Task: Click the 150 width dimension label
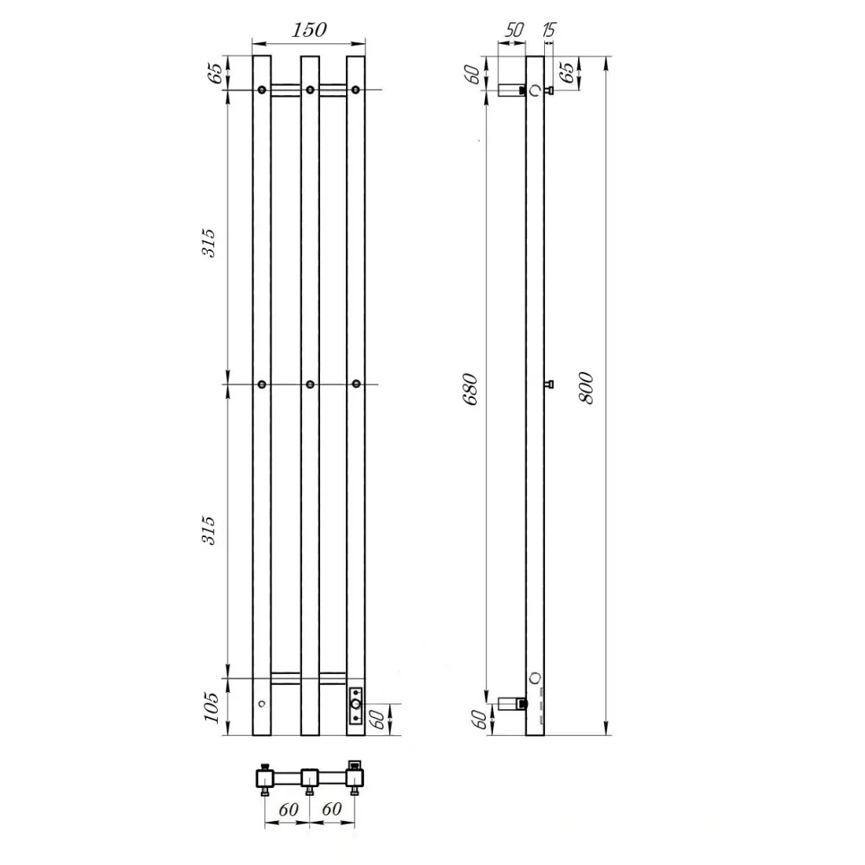click(x=309, y=30)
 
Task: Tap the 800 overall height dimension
click(x=587, y=388)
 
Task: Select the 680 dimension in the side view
click(x=470, y=389)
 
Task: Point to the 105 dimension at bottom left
click(x=212, y=707)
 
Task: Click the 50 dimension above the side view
click(x=514, y=30)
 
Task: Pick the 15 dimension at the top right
click(x=549, y=29)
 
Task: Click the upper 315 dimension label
click(x=208, y=243)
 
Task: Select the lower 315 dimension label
click(x=208, y=531)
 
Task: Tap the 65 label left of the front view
click(x=215, y=73)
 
